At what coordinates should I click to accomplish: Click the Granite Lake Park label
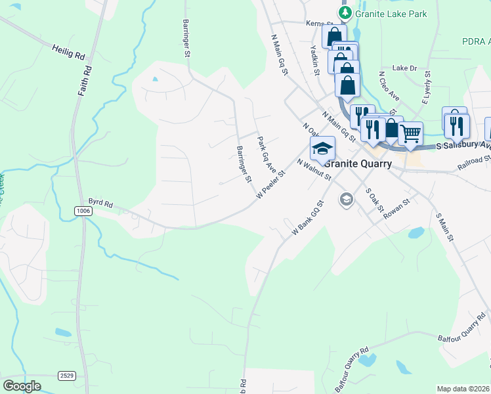click(391, 14)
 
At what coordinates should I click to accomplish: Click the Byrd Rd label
click(101, 203)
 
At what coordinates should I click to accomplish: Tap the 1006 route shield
click(83, 211)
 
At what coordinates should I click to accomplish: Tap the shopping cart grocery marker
click(410, 133)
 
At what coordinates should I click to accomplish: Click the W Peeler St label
click(271, 186)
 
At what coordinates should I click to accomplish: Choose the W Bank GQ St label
click(307, 219)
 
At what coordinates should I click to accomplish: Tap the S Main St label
click(445, 227)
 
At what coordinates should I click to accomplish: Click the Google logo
click(22, 385)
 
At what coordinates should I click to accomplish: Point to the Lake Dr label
click(404, 68)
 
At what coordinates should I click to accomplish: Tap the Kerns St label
click(316, 23)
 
